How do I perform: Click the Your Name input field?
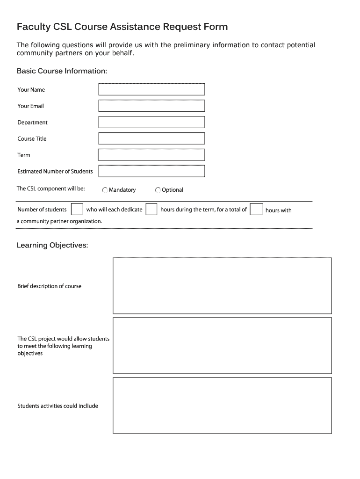pyautogui.click(x=151, y=89)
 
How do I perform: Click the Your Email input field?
pyautogui.click(x=151, y=106)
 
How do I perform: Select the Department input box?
pyautogui.click(x=151, y=122)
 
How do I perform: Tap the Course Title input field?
pyautogui.click(x=151, y=138)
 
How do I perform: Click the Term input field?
pyautogui.click(x=151, y=155)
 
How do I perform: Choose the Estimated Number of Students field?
pyautogui.click(x=151, y=171)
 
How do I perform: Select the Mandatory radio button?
pyautogui.click(x=105, y=190)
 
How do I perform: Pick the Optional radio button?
pyautogui.click(x=158, y=190)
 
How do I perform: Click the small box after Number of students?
pyautogui.click(x=77, y=209)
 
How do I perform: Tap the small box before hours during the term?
pyautogui.click(x=151, y=209)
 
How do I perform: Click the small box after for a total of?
pyautogui.click(x=256, y=209)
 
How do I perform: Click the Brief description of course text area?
pyautogui.click(x=222, y=285)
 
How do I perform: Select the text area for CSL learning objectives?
pyautogui.click(x=222, y=345)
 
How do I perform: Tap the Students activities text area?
pyautogui.click(x=222, y=406)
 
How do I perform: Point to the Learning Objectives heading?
pyautogui.click(x=52, y=245)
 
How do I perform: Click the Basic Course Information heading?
pyautogui.click(x=62, y=71)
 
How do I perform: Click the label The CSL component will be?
pyautogui.click(x=51, y=189)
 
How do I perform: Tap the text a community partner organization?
pyautogui.click(x=59, y=221)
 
